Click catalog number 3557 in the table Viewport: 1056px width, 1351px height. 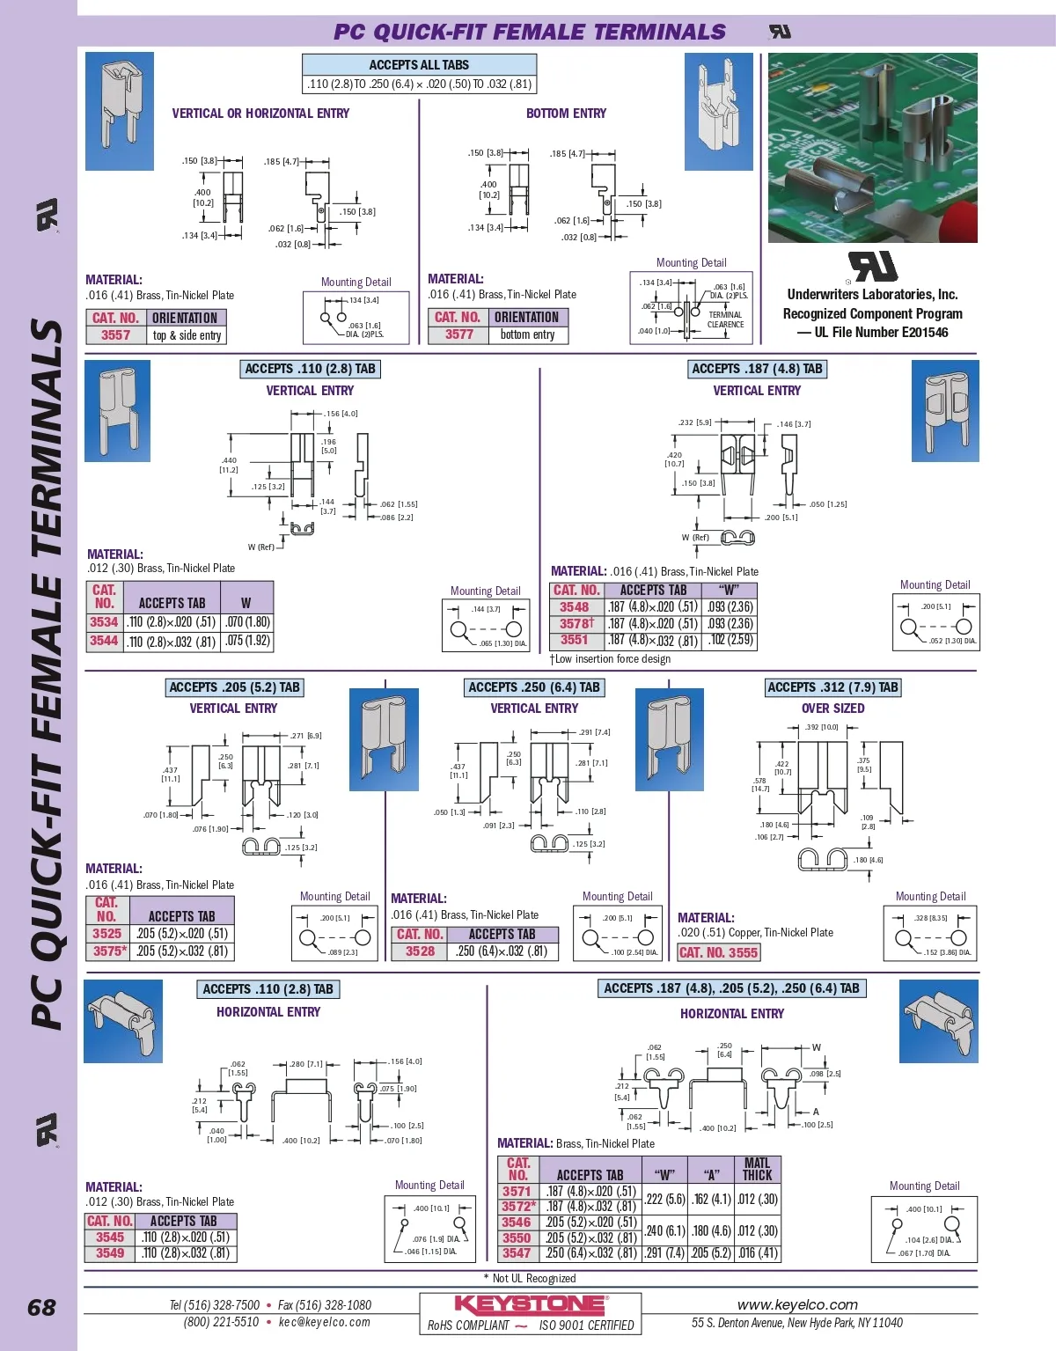[x=115, y=335]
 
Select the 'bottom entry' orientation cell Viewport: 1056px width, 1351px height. [x=527, y=334]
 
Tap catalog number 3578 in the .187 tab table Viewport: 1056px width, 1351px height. [x=576, y=624]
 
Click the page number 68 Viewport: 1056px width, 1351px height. [x=41, y=1308]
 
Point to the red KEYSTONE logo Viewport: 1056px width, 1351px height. [x=530, y=1304]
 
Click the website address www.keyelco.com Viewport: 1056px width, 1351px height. [x=797, y=1305]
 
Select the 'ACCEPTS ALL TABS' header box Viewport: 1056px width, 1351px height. [x=419, y=64]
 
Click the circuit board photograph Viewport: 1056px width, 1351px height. [x=872, y=147]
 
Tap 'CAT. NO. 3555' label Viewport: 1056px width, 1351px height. [x=718, y=952]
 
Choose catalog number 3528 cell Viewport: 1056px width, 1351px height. [x=420, y=951]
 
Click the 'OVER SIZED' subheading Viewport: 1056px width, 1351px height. [x=832, y=709]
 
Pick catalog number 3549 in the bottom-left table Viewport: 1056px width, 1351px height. [x=110, y=1253]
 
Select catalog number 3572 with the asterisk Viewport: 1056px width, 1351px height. [x=518, y=1207]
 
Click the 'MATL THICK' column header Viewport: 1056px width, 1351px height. [x=757, y=1169]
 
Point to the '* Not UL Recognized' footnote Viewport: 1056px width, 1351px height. [x=530, y=1279]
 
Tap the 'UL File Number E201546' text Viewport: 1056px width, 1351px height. [x=872, y=333]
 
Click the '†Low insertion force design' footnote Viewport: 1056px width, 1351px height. [x=610, y=659]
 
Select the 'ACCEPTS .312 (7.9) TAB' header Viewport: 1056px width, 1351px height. [x=832, y=687]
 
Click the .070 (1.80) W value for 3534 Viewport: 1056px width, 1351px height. [x=247, y=622]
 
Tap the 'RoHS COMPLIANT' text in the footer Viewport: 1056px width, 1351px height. [x=468, y=1325]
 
